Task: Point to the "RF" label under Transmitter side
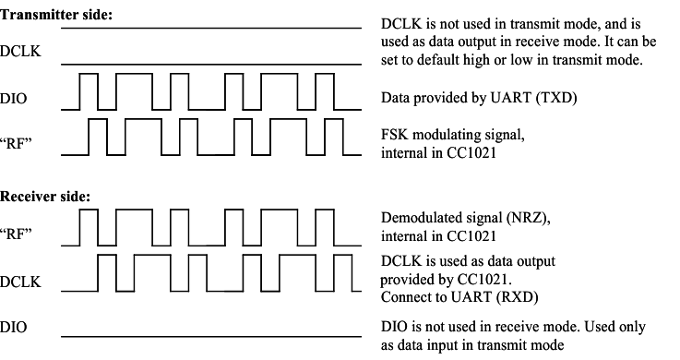point(18,144)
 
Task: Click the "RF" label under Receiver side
point(18,233)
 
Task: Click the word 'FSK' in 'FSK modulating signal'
point(394,136)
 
